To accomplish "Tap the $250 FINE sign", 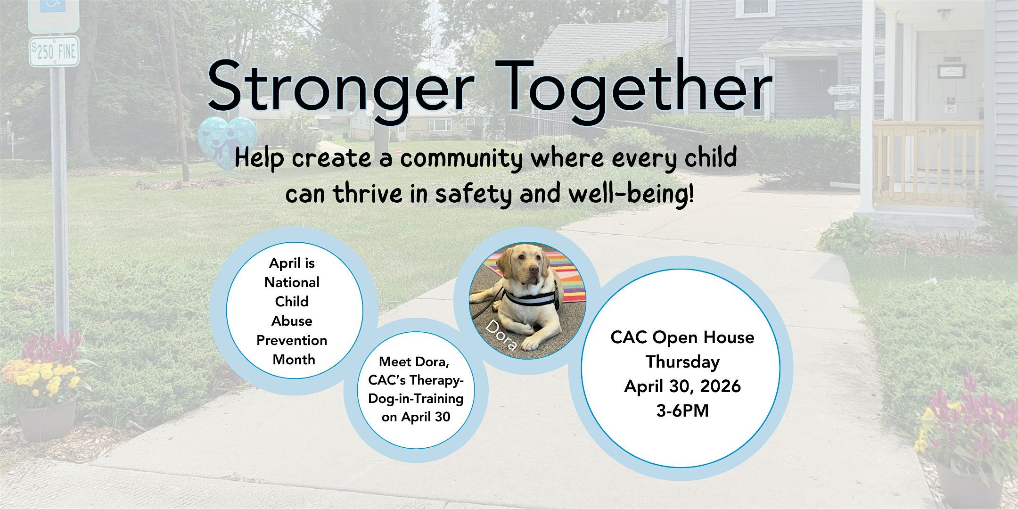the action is [x=54, y=51].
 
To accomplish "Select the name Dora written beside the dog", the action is [x=501, y=335].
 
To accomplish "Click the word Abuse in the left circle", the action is [x=292, y=321].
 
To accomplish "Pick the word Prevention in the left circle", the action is [x=292, y=340].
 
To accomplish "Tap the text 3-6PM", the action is [x=682, y=410].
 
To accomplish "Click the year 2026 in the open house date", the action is [x=721, y=386].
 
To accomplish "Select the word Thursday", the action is [x=682, y=362].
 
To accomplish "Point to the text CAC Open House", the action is [x=682, y=337].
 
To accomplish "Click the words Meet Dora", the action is [x=414, y=362].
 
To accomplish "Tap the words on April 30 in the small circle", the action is [x=416, y=417].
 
